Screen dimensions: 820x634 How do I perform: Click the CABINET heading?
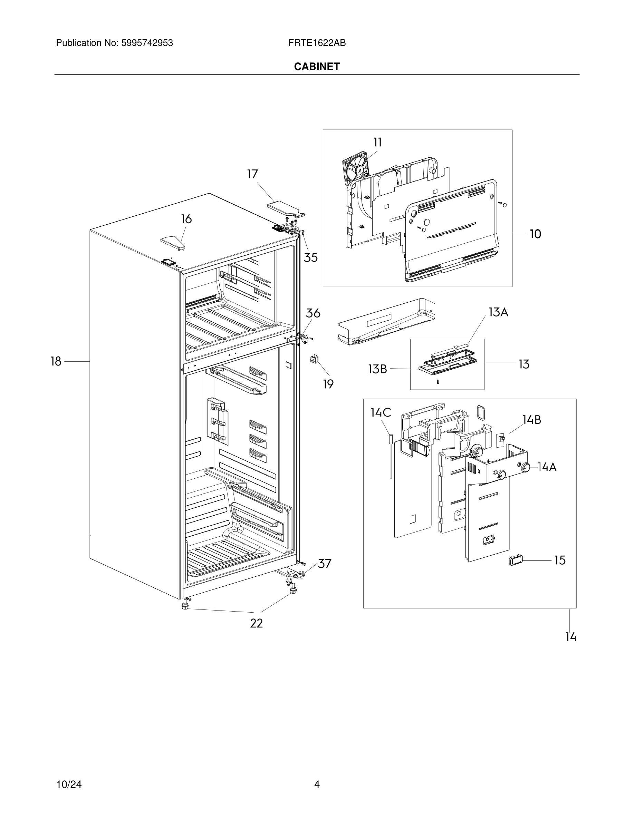click(x=317, y=67)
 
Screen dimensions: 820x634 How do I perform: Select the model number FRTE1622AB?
click(x=317, y=43)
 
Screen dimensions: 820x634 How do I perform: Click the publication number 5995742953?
click(x=147, y=43)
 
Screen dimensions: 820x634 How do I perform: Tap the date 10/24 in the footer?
click(x=69, y=784)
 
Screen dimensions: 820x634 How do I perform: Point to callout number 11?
click(x=377, y=142)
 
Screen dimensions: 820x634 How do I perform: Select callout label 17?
click(x=252, y=174)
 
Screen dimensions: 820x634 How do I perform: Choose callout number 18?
click(x=56, y=362)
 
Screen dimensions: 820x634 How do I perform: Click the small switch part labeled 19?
click(x=314, y=359)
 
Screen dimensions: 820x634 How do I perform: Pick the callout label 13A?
click(x=498, y=312)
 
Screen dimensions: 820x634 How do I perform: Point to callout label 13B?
click(x=377, y=369)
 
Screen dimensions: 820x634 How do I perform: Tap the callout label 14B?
click(x=531, y=420)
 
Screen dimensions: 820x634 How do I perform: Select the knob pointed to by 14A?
click(x=526, y=467)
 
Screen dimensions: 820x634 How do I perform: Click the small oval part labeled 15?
click(x=513, y=560)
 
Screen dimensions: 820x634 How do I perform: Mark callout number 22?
click(x=257, y=624)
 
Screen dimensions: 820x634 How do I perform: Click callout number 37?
click(x=324, y=564)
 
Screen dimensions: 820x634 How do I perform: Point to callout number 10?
click(x=535, y=234)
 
